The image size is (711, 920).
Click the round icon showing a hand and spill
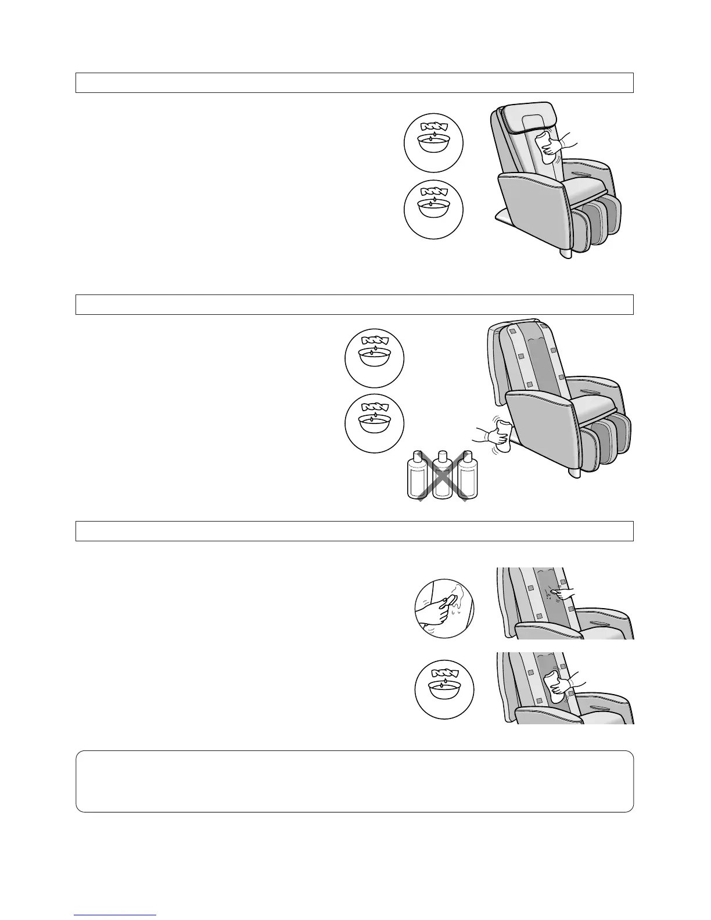(444, 608)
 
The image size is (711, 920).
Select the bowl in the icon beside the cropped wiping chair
(444, 692)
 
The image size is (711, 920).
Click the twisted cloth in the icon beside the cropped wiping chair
(444, 673)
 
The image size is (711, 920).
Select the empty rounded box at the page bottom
(354, 781)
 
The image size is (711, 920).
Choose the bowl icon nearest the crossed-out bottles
(374, 424)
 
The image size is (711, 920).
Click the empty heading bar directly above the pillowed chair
(354, 82)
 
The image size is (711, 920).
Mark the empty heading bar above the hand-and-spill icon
(354, 531)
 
